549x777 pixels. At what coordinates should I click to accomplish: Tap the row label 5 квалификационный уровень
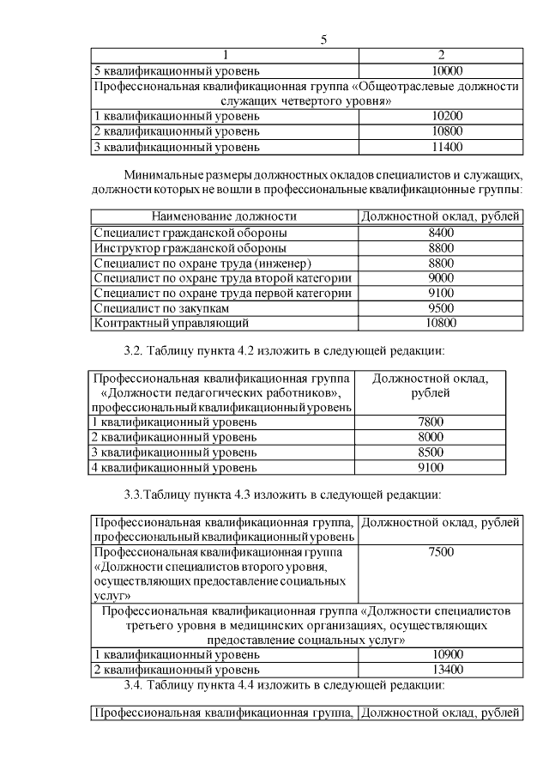pyautogui.click(x=175, y=70)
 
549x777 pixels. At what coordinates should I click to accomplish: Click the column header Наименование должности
pyautogui.click(x=224, y=216)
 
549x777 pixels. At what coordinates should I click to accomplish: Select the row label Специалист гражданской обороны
pyautogui.click(x=190, y=232)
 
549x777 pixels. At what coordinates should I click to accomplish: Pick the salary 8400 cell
pyautogui.click(x=440, y=232)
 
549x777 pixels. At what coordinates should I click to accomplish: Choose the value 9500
pyautogui.click(x=440, y=308)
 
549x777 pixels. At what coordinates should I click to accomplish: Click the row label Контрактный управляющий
pyautogui.click(x=171, y=324)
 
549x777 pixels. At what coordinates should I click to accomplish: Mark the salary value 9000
pyautogui.click(x=440, y=277)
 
